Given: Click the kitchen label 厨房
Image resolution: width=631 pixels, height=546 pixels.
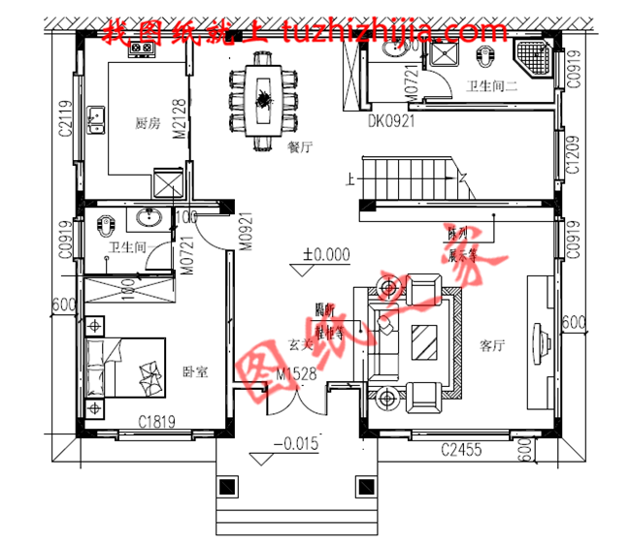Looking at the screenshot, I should [x=148, y=123].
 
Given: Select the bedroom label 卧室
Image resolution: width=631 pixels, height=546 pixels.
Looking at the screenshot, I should [x=195, y=371].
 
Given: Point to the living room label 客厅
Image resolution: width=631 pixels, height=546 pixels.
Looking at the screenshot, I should [x=492, y=345].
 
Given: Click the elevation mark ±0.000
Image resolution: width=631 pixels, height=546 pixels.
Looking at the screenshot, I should [x=325, y=255].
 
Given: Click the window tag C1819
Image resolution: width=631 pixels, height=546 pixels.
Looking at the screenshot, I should [x=155, y=421].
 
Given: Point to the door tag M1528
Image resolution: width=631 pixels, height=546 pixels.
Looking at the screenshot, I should [x=298, y=373].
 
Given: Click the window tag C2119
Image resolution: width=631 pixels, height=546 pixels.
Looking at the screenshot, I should [x=66, y=119].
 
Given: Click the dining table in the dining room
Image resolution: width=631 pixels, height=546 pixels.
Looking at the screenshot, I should [x=263, y=97].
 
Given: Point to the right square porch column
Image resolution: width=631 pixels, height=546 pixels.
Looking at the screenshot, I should [x=365, y=486].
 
